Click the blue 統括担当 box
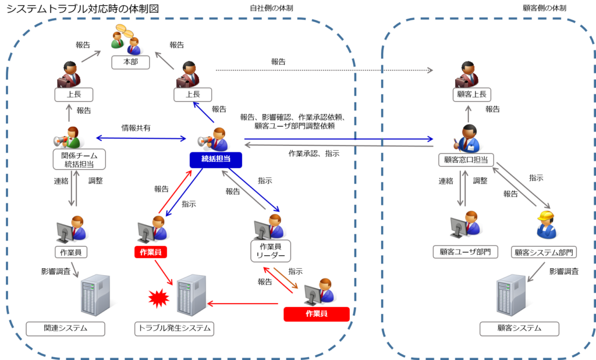[x=216, y=159]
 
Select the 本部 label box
[x=130, y=62]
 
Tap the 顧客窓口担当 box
[x=466, y=160]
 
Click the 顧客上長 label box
[x=471, y=95]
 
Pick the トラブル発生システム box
[x=174, y=329]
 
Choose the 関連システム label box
[x=65, y=329]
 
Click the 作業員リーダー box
[x=271, y=251]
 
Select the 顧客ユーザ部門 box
[x=465, y=252]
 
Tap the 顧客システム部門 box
[x=544, y=252]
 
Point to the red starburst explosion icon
[x=158, y=298]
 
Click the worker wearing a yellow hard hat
[x=547, y=224]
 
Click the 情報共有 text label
[x=136, y=128]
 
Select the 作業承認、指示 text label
[x=314, y=154]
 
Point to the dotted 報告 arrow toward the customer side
[x=324, y=70]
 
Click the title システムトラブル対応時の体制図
[x=83, y=8]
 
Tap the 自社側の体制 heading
[x=271, y=8]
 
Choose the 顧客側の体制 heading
[x=544, y=8]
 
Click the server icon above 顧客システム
[x=511, y=295]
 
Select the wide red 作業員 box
[x=317, y=314]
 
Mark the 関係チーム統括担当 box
[x=79, y=159]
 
